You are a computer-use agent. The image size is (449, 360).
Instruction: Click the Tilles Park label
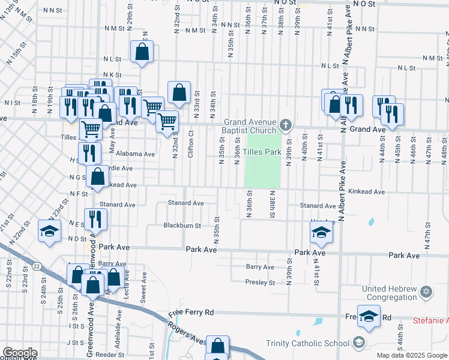[x=262, y=152]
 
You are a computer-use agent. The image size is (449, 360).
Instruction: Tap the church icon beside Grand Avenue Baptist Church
[x=286, y=126]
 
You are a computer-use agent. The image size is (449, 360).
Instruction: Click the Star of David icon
[x=426, y=292]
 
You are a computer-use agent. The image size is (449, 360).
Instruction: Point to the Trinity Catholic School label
[x=308, y=343]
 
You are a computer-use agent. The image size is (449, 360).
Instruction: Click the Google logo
[x=20, y=352]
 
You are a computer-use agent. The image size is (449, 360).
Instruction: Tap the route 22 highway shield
[x=37, y=266]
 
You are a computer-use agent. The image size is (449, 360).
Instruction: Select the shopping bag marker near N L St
[x=142, y=53]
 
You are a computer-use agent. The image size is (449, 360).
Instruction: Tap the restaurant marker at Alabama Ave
[x=89, y=153]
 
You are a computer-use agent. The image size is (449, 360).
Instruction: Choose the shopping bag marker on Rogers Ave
[x=217, y=346]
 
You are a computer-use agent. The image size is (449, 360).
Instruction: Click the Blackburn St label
[x=182, y=226]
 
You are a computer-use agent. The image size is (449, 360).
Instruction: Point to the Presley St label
[x=259, y=282]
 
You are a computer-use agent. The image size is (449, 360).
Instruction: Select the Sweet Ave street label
[x=143, y=287]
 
